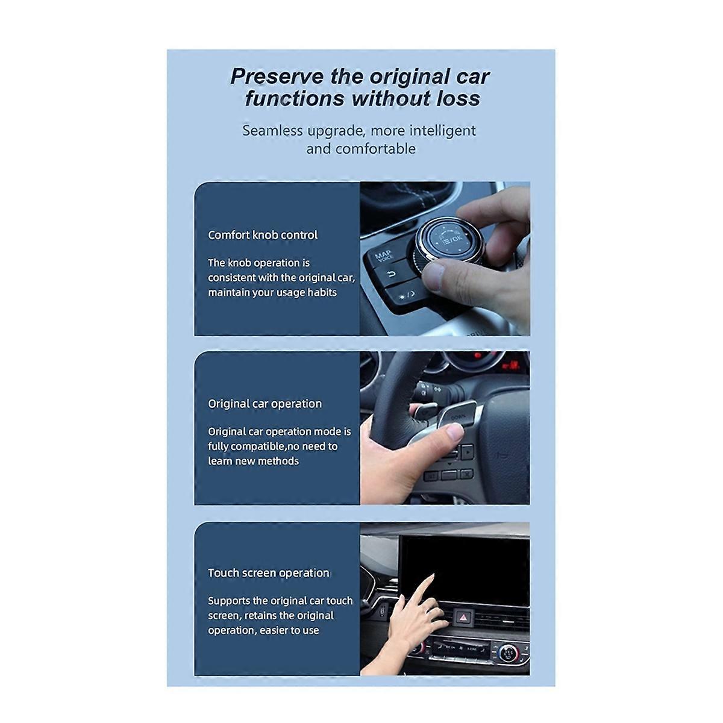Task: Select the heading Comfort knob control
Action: point(263,235)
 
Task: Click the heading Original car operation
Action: point(264,404)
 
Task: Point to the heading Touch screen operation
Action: point(269,573)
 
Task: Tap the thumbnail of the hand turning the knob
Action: point(445,258)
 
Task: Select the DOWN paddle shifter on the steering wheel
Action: point(457,416)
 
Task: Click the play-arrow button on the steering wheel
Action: point(468,449)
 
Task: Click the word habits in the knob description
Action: point(322,293)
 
